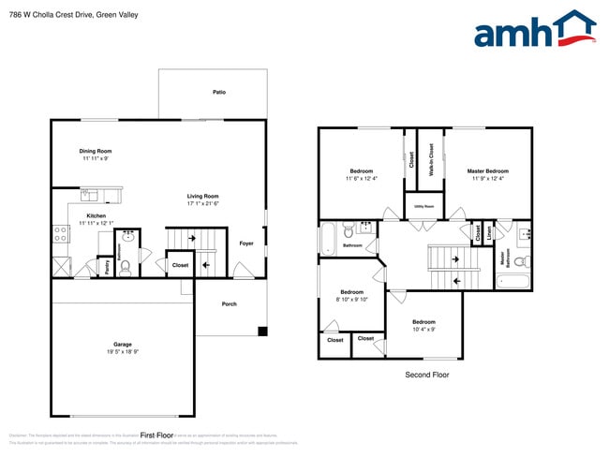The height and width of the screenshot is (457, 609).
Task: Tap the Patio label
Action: pos(219,92)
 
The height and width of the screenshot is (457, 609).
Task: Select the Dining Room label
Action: pos(96,151)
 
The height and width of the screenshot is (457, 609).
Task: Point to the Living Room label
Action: pos(202,196)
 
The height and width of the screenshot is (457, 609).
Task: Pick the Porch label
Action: pos(229,304)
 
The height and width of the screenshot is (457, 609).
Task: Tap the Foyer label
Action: pos(246,243)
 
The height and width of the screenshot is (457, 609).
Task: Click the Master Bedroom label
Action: pos(487,170)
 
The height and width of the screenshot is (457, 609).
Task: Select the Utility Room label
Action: pos(423,206)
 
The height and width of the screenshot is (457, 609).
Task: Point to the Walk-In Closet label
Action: pos(430,159)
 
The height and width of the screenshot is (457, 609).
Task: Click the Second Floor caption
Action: pos(426,375)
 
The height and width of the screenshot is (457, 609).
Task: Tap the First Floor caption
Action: pos(157,435)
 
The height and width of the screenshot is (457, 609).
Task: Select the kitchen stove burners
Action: pos(61,233)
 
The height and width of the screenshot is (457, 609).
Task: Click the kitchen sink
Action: pos(90,195)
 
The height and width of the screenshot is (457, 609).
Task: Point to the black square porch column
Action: pos(263,331)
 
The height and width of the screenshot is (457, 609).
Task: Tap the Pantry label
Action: pos(107,267)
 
